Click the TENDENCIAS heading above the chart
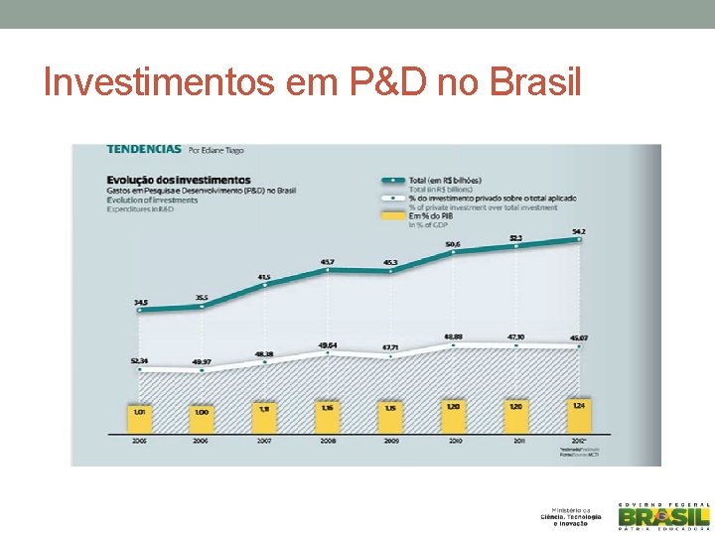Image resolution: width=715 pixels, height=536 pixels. point(144,150)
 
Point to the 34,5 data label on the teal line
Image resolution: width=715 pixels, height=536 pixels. point(141,302)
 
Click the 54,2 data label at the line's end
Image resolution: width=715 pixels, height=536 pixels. point(579,231)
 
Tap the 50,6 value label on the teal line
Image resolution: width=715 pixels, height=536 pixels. point(453,244)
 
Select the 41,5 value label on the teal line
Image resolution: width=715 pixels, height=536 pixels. point(264,277)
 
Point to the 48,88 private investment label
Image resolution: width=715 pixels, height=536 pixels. point(453,335)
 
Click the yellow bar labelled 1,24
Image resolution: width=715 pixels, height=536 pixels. point(579,415)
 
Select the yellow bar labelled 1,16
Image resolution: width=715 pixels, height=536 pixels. point(327,417)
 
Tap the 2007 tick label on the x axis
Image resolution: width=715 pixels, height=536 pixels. point(264,440)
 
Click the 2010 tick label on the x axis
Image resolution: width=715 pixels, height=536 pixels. point(453,440)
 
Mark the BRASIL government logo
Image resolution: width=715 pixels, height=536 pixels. point(663,515)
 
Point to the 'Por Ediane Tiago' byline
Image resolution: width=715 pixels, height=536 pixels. point(216,151)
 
